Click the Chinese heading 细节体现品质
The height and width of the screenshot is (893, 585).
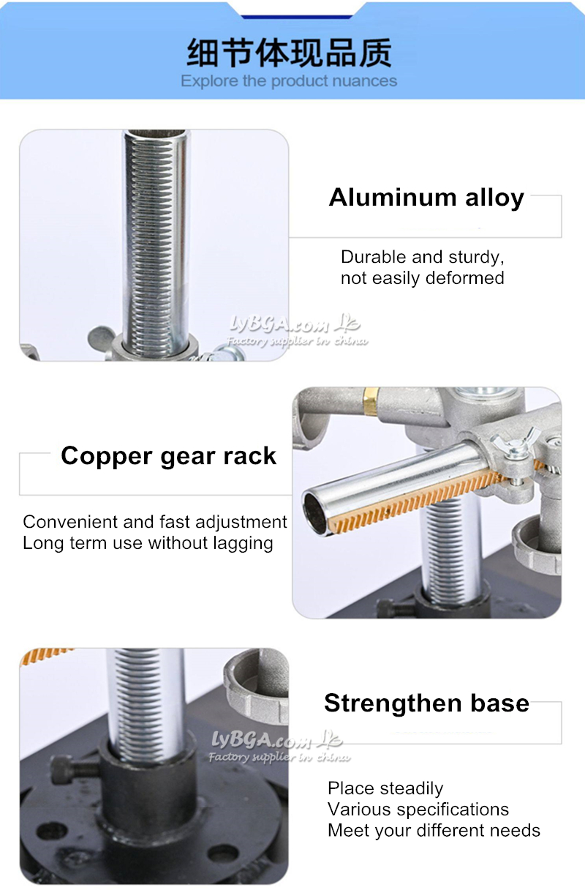[x=290, y=53]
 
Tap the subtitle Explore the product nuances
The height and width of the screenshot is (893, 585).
[x=289, y=81]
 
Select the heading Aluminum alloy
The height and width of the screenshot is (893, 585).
[x=426, y=198]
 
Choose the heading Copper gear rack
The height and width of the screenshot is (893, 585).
[x=168, y=456]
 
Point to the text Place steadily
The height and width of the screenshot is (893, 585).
[x=385, y=788]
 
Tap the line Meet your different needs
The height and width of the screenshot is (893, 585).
[x=434, y=830]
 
